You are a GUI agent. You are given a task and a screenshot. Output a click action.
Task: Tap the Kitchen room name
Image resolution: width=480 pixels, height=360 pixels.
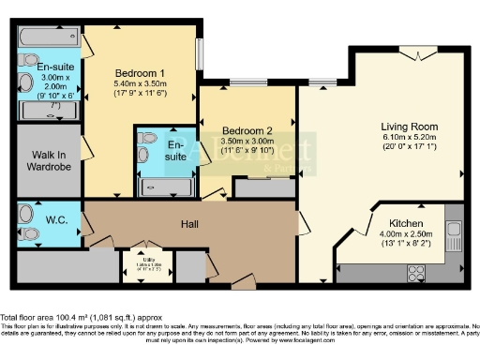(412, 224)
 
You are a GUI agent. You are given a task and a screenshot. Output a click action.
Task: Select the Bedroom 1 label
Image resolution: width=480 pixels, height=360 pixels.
(140, 72)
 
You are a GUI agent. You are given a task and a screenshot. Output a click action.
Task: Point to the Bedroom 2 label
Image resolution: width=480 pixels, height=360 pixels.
(247, 131)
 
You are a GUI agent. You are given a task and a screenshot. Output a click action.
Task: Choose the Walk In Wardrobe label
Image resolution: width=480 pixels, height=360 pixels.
(47, 164)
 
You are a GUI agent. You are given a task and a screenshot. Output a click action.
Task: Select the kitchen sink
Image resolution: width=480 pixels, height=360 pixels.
(453, 231)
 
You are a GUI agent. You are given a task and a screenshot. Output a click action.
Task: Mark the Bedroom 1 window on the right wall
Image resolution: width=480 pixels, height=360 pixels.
(198, 61)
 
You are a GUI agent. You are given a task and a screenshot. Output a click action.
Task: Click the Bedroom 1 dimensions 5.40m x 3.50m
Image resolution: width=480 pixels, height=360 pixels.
(140, 83)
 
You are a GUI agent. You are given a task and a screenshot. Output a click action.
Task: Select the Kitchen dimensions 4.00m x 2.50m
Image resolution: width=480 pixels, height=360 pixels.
(412, 235)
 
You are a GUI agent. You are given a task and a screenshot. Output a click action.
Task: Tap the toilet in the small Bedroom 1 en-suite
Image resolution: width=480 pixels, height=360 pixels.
(146, 138)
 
